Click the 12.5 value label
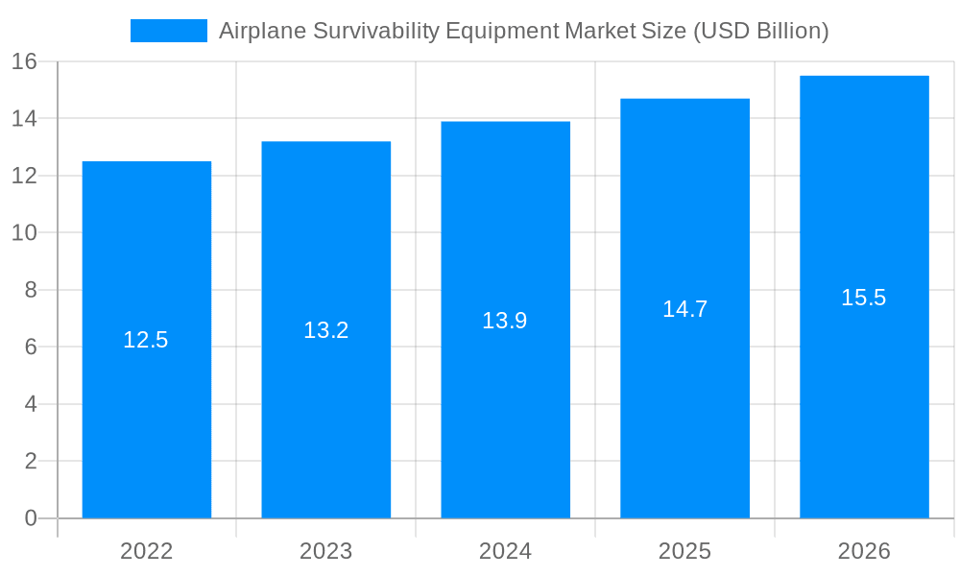pyautogui.click(x=146, y=340)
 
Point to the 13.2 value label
pyautogui.click(x=325, y=330)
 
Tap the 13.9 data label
pyautogui.click(x=505, y=321)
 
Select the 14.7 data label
pyautogui.click(x=684, y=309)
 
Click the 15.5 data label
pyautogui.click(x=864, y=298)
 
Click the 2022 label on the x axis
pyautogui.click(x=146, y=551)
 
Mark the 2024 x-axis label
pyautogui.click(x=505, y=551)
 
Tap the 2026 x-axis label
pyautogui.click(x=864, y=551)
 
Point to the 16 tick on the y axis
pyautogui.click(x=24, y=61)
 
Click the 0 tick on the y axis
pyautogui.click(x=31, y=518)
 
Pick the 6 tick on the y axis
pyautogui.click(x=31, y=347)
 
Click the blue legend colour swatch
pyautogui.click(x=169, y=31)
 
